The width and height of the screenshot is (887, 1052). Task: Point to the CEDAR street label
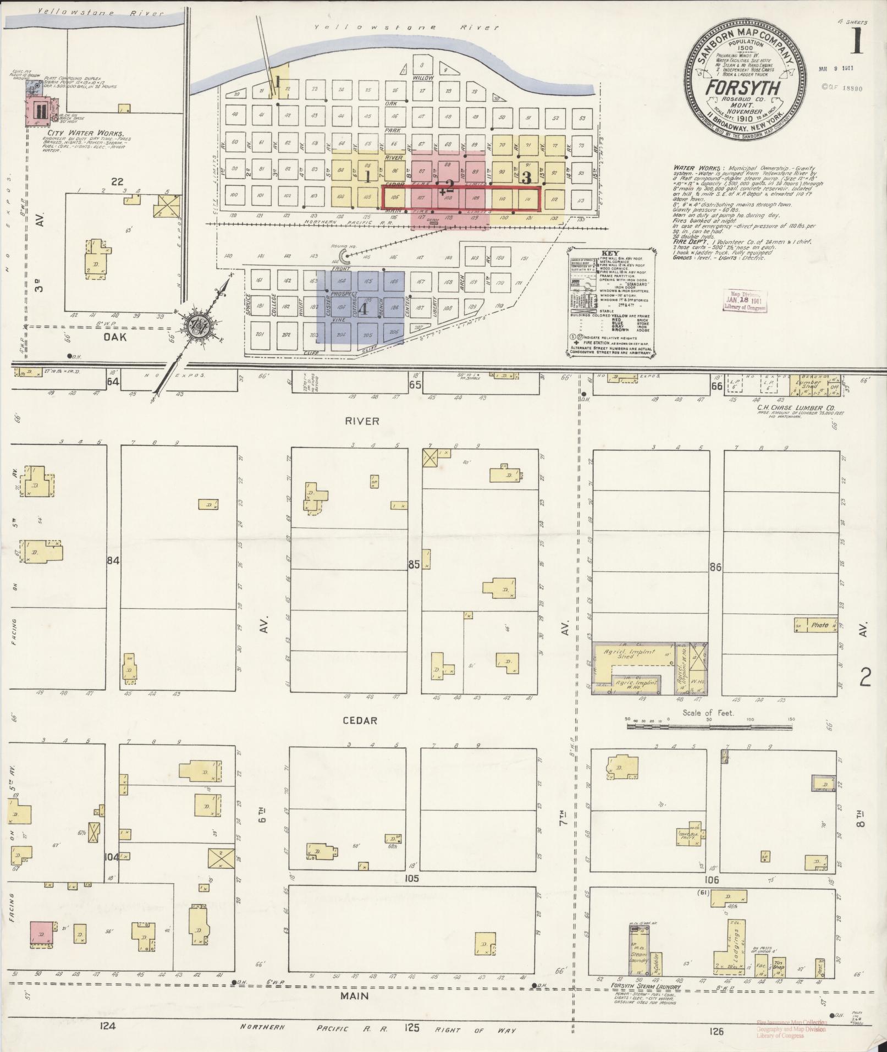click(361, 720)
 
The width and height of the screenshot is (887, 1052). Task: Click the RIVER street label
click(362, 421)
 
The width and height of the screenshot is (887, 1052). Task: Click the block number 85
click(415, 564)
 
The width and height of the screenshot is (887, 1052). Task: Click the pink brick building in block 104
click(42, 934)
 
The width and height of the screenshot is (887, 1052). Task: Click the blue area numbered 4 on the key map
click(363, 309)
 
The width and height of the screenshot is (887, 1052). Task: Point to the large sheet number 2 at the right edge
click(865, 680)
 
